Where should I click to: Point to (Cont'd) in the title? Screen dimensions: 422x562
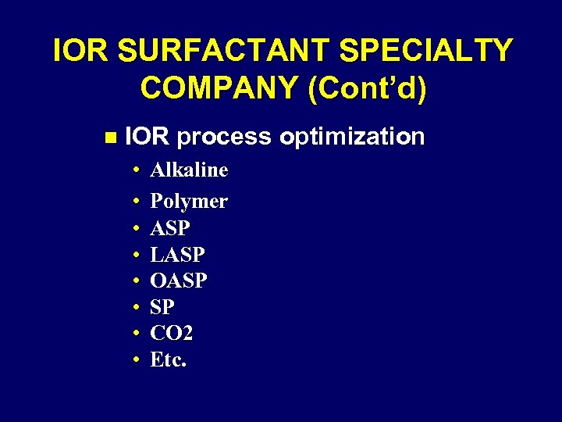click(x=368, y=88)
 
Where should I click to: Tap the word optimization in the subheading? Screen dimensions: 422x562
click(x=352, y=137)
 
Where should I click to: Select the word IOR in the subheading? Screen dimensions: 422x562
click(x=147, y=137)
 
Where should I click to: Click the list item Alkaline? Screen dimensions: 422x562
click(x=189, y=170)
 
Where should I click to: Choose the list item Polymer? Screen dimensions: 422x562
click(x=189, y=202)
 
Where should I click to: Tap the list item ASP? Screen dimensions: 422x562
click(x=170, y=228)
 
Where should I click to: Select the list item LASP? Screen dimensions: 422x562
click(x=177, y=255)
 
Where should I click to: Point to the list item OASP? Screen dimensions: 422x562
click(x=179, y=281)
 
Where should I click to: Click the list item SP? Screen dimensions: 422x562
click(x=162, y=307)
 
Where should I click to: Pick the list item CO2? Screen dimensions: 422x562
click(x=172, y=334)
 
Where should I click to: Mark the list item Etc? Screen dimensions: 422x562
click(x=168, y=360)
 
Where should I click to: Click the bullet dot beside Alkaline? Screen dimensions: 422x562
click(x=135, y=170)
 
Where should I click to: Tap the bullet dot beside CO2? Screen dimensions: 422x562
click(x=135, y=334)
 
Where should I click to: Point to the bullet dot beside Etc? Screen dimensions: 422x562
click(x=135, y=360)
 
